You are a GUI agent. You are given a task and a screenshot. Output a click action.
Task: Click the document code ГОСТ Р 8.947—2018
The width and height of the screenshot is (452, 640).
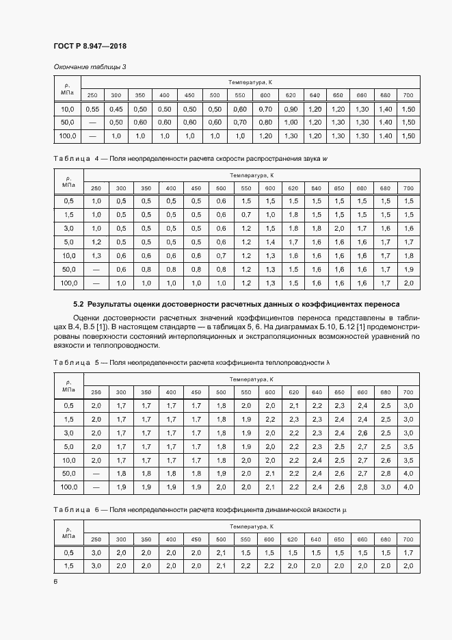pyautogui.click(x=90, y=47)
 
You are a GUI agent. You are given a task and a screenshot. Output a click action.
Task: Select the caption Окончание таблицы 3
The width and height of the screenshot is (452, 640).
pyautogui.click(x=90, y=66)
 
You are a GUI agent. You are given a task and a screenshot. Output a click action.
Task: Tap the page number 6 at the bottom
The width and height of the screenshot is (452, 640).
pyautogui.click(x=55, y=581)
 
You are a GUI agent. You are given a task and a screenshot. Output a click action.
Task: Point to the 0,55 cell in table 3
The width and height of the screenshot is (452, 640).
pyautogui.click(x=92, y=110)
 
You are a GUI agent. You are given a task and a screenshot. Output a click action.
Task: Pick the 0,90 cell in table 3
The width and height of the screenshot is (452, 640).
pyautogui.click(x=291, y=110)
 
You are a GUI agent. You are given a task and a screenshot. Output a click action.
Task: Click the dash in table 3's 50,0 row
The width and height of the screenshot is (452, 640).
pyautogui.click(x=92, y=123)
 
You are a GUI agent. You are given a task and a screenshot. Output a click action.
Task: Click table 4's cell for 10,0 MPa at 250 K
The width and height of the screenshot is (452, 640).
pyautogui.click(x=96, y=255)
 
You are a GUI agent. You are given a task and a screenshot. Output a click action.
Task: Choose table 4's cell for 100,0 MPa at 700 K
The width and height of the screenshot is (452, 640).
pyautogui.click(x=408, y=283)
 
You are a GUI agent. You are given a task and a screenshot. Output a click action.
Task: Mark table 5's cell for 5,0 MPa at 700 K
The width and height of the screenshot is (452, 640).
pyautogui.click(x=408, y=446)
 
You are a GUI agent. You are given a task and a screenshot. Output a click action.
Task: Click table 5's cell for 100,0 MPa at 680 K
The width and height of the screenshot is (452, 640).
pyautogui.click(x=386, y=487)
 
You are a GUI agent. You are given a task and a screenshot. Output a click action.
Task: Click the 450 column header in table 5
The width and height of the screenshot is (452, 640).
pyautogui.click(x=196, y=392)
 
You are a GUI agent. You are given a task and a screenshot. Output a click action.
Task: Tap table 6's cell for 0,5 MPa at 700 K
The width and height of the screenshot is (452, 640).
pyautogui.click(x=408, y=552)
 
